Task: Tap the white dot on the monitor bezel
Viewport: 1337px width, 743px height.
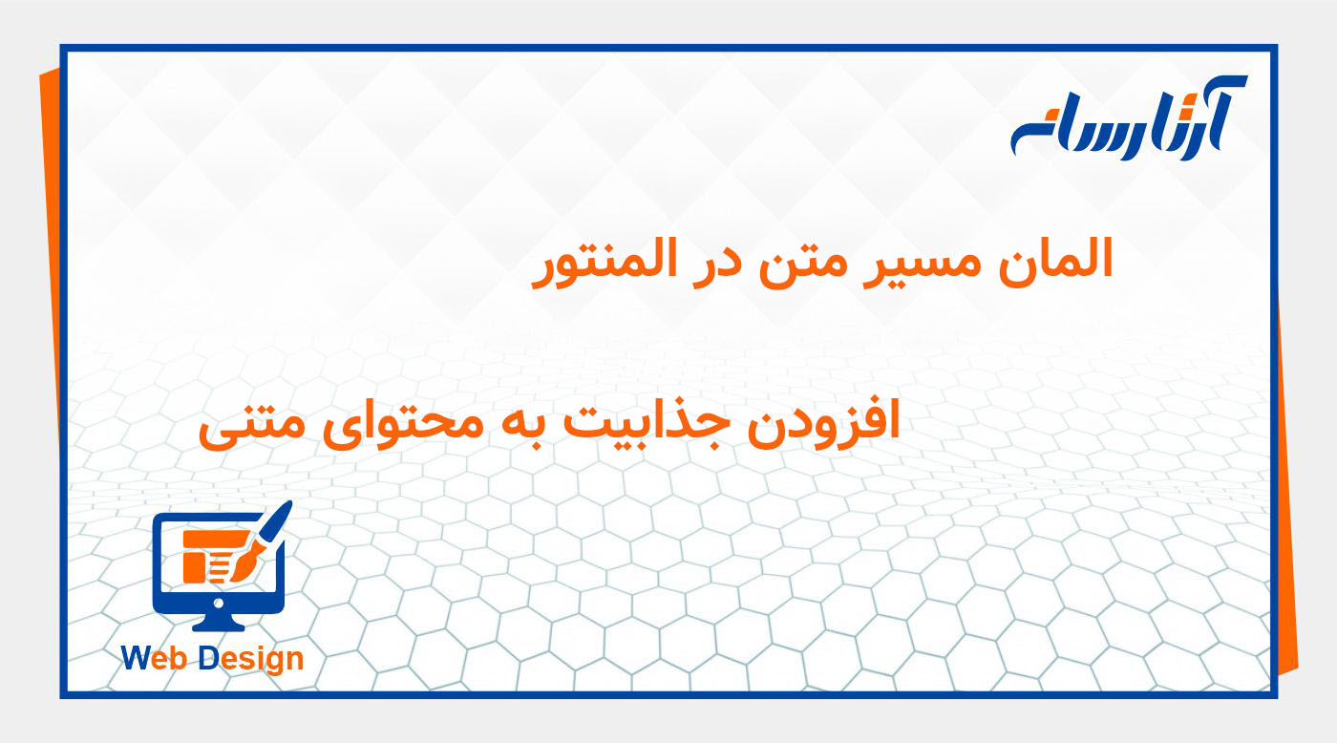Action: point(220,603)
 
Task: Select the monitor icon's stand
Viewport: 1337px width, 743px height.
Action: point(220,623)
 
